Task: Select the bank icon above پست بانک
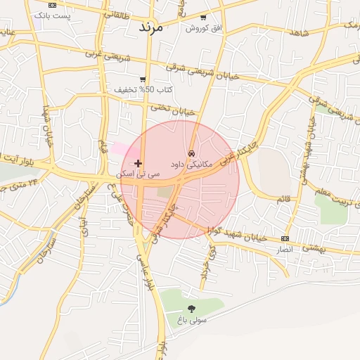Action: click(52, 5)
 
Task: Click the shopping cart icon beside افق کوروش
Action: click(203, 17)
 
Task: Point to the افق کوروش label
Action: click(203, 27)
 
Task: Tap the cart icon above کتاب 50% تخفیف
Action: click(143, 79)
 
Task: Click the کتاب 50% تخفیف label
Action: click(144, 90)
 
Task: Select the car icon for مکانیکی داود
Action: click(191, 153)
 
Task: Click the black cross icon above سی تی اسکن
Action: click(138, 163)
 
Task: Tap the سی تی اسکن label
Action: click(138, 173)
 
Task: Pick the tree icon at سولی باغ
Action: click(191, 308)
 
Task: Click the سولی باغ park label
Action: click(192, 319)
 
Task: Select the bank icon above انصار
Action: click(284, 238)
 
